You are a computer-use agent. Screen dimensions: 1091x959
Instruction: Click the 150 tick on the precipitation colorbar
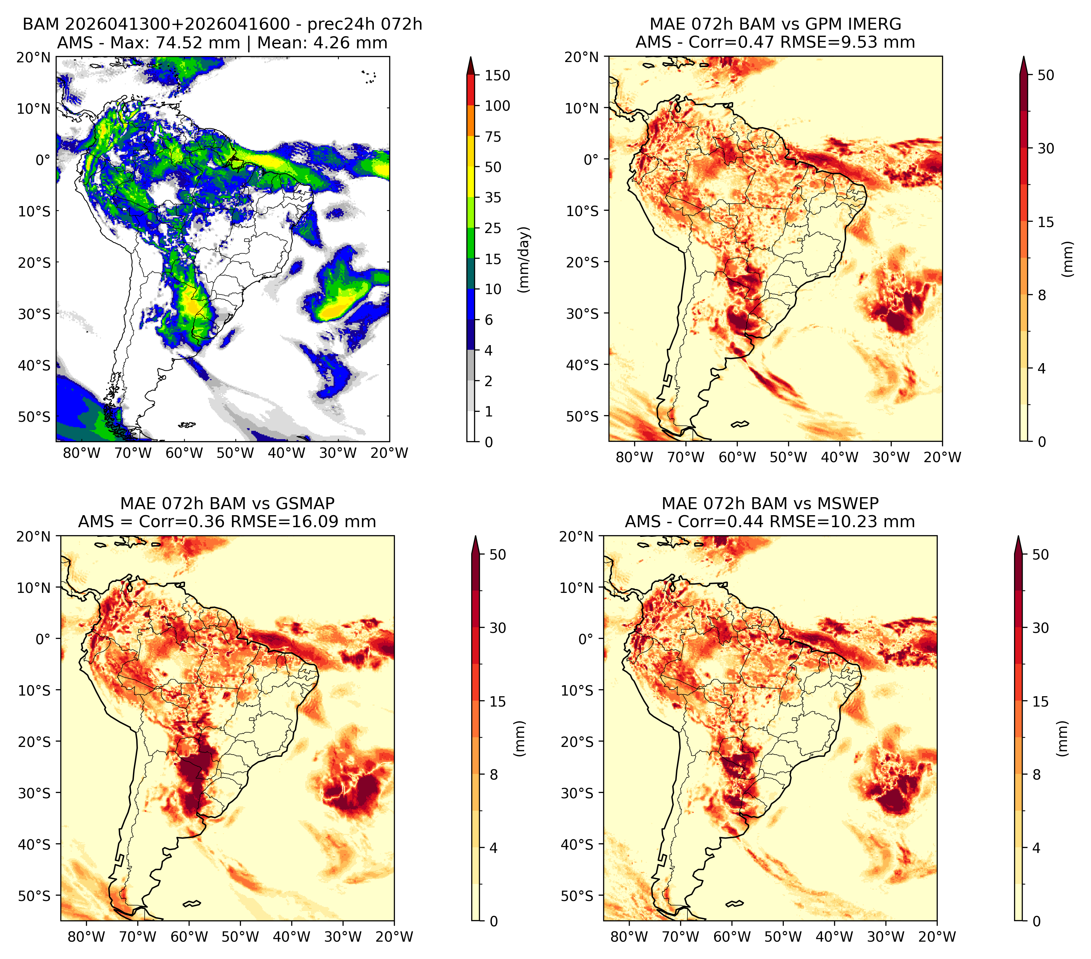[497, 75]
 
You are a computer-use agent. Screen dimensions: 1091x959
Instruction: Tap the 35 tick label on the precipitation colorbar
[493, 197]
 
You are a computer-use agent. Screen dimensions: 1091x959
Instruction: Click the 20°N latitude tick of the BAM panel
[34, 57]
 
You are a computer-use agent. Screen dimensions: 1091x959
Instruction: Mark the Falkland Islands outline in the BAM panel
[187, 425]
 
